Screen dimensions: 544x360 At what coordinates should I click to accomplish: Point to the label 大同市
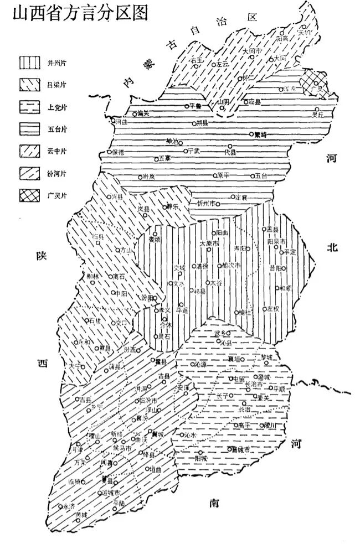coord(251,51)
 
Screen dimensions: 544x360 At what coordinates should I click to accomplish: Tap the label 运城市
coord(112,491)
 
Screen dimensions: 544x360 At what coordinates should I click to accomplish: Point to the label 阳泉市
coord(276,242)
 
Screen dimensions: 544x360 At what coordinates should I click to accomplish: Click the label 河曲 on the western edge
coord(121,121)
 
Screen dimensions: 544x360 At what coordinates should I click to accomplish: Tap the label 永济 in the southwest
coord(69,506)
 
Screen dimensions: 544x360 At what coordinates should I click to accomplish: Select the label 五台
coord(261,176)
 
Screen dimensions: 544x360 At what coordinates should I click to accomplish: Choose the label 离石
coord(119,275)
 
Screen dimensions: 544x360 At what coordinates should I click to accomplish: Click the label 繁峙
coord(260,134)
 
